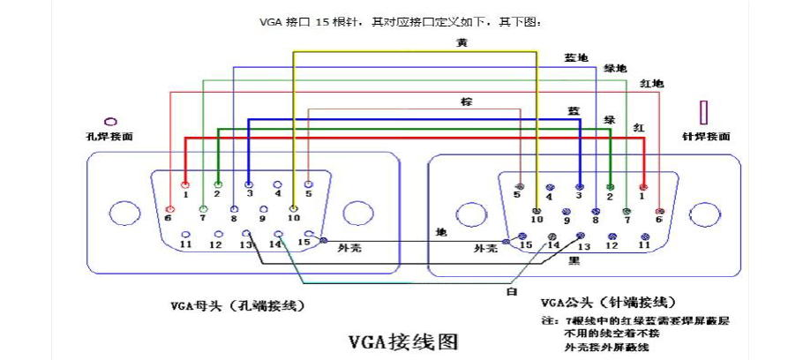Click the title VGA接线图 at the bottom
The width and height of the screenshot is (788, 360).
click(x=403, y=340)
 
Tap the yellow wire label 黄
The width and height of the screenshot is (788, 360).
click(x=462, y=42)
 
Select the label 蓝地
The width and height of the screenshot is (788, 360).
click(x=575, y=57)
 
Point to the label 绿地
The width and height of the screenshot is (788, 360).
click(x=614, y=69)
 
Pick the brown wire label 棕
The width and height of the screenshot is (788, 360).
click(x=466, y=102)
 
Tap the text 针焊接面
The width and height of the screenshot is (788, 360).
click(x=706, y=137)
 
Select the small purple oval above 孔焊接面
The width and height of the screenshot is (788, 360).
click(x=111, y=120)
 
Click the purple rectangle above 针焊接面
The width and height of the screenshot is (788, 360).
click(x=703, y=112)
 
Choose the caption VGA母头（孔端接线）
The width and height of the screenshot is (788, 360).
click(x=237, y=306)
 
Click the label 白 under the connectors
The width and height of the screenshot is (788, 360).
click(x=511, y=290)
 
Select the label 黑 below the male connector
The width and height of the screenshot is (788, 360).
click(x=574, y=261)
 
